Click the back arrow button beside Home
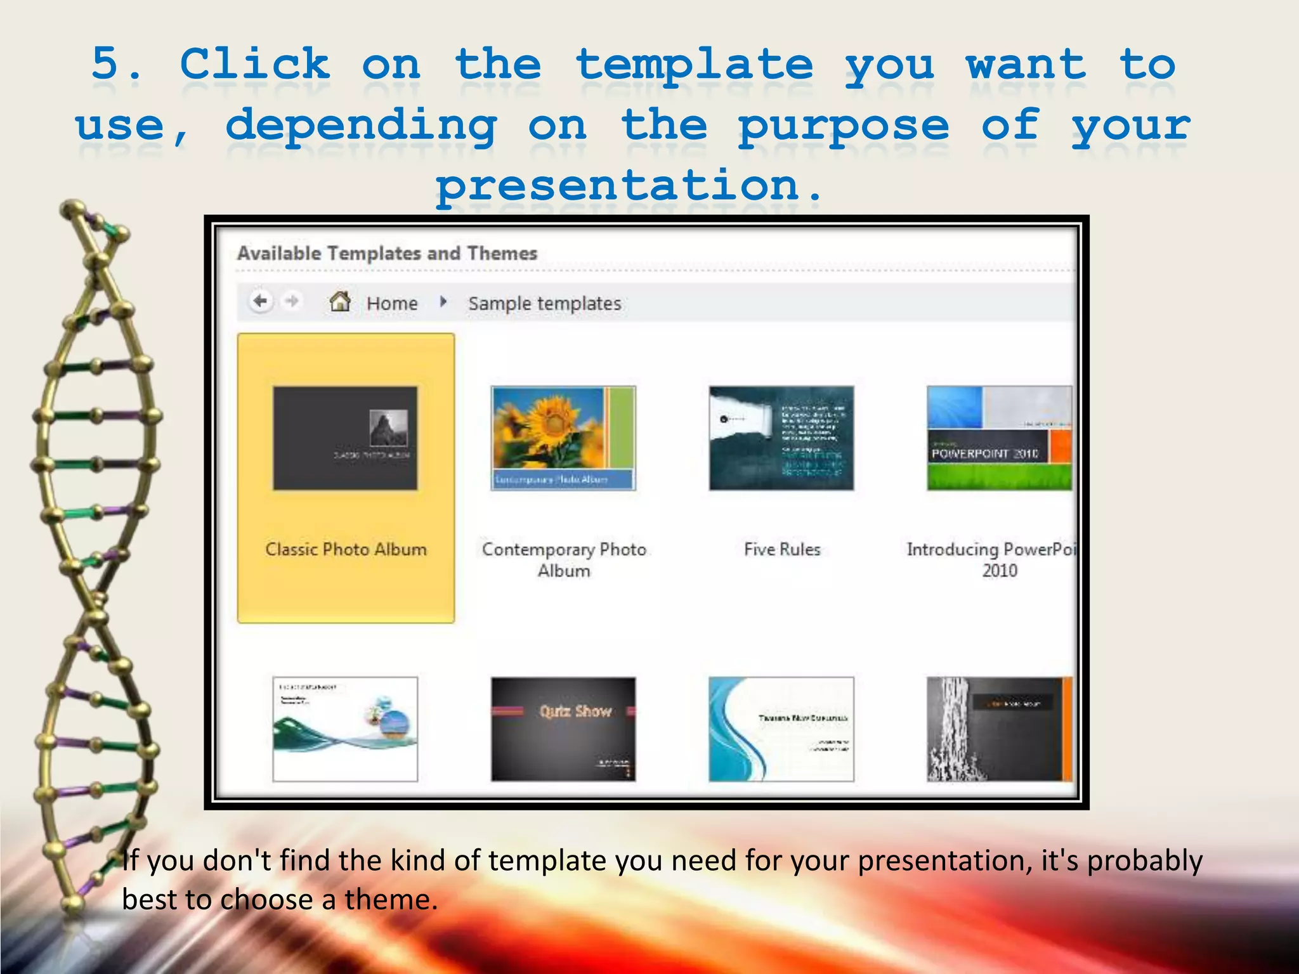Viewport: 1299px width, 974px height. tap(260, 301)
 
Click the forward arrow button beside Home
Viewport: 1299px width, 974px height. tap(292, 301)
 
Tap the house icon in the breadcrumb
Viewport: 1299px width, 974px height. tap(340, 301)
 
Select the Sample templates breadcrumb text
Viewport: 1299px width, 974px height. tap(545, 303)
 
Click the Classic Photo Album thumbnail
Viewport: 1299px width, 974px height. tap(345, 438)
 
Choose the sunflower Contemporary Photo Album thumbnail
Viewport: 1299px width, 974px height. tap(563, 438)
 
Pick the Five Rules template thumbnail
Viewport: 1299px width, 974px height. tap(781, 438)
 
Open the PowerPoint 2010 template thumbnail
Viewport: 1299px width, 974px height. tap(999, 438)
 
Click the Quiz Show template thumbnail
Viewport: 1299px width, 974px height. tap(563, 729)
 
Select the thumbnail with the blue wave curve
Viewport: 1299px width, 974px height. tap(781, 729)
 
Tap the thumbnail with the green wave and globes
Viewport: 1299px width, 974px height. tap(345, 729)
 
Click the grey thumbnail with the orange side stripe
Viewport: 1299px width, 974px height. tap(999, 729)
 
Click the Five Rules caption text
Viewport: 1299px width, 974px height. tap(782, 549)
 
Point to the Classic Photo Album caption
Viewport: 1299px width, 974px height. tap(346, 549)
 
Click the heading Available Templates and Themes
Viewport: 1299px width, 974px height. tap(387, 253)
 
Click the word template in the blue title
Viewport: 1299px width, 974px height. tap(695, 65)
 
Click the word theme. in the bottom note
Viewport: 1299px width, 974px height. tap(391, 899)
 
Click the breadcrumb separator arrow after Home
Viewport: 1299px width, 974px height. tap(443, 302)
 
